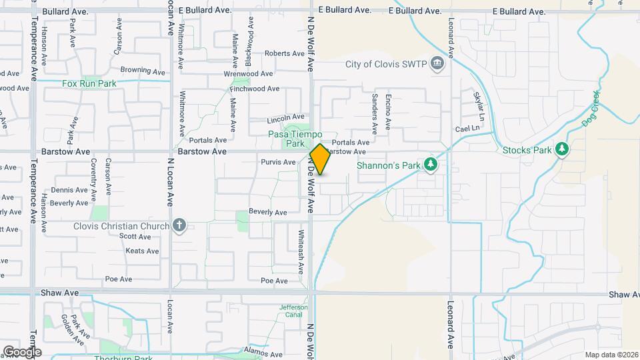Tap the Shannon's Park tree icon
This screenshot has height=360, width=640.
tap(431, 164)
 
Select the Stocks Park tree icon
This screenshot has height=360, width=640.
tap(561, 149)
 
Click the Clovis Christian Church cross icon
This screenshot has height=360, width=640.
tap(179, 225)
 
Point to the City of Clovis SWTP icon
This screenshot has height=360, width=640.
tap(437, 64)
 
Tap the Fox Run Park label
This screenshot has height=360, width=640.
tap(89, 83)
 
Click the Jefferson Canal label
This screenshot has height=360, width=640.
tap(293, 311)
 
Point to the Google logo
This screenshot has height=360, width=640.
tap(22, 352)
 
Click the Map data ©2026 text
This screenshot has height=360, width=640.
tap(611, 355)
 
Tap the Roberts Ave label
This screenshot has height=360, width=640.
tap(285, 53)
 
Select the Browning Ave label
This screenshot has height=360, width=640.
tap(143, 70)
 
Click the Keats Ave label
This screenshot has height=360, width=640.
tap(143, 251)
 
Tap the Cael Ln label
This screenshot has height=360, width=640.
tap(467, 128)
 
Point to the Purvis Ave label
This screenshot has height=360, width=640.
tap(278, 162)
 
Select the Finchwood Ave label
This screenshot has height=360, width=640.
tap(255, 89)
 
